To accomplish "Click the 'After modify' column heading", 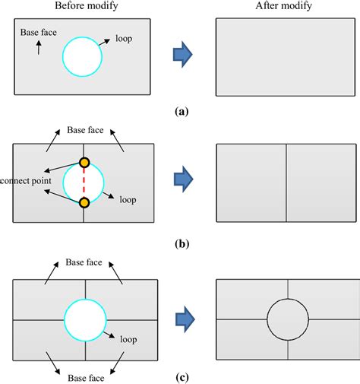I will (x=285, y=7).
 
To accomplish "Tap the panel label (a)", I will (x=181, y=111).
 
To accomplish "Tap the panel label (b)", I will (x=181, y=244).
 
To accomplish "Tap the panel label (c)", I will (x=181, y=377).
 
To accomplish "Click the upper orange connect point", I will (x=84, y=162).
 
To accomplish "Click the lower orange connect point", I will (x=84, y=202).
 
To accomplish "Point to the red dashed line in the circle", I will (x=84, y=182).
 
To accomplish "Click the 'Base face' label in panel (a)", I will (x=36, y=33).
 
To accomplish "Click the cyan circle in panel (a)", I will (x=63, y=56).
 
